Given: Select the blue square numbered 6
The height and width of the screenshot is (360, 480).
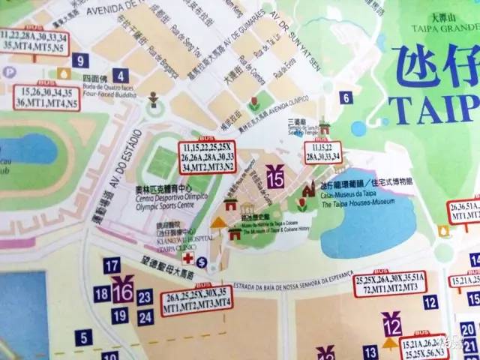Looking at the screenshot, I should (346, 97).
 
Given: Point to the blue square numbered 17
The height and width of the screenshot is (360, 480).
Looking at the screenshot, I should (112, 265).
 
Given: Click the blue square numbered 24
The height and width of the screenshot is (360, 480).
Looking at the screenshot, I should (145, 316).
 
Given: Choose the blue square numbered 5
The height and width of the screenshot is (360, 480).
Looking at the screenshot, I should (85, 338).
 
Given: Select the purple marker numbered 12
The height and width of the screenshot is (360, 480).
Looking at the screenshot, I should (391, 326).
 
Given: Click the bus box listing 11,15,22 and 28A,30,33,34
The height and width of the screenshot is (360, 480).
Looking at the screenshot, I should (323, 152).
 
